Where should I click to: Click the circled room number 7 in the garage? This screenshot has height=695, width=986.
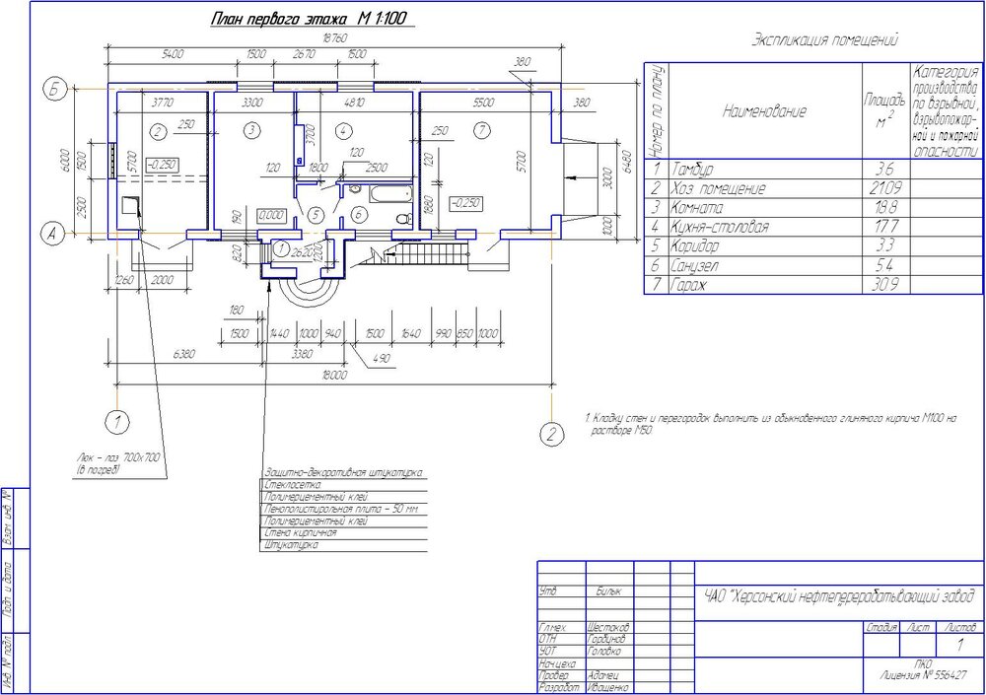pyautogui.click(x=479, y=130)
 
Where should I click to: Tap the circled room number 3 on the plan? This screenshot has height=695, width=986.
pyautogui.click(x=251, y=130)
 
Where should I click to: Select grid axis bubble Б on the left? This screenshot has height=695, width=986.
pyautogui.click(x=55, y=92)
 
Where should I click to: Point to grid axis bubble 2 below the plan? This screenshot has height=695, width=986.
pyautogui.click(x=552, y=433)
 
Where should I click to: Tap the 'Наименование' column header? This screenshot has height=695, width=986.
pyautogui.click(x=764, y=111)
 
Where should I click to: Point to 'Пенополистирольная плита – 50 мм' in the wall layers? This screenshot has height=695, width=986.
pyautogui.click(x=342, y=509)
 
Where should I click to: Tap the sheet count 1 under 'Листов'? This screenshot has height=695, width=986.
pyautogui.click(x=959, y=645)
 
